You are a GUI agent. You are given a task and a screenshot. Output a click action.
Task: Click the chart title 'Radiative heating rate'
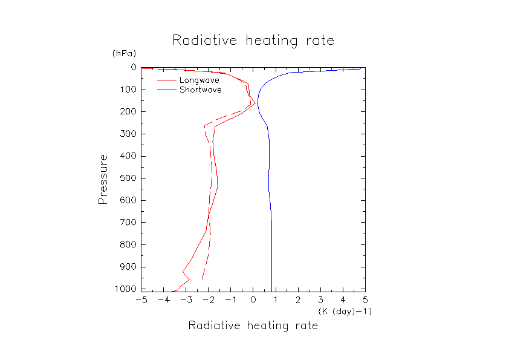253,41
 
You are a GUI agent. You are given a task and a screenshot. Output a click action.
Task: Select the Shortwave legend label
201,90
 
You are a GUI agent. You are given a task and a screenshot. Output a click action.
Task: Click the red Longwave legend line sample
166,80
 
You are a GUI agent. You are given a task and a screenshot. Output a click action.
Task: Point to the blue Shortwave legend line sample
166,90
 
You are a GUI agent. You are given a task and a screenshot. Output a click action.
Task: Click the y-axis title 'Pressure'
103,178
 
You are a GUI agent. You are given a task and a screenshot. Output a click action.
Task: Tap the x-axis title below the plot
253,326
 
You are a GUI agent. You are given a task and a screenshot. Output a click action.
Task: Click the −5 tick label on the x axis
141,299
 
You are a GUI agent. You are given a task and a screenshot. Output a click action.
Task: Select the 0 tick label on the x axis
253,299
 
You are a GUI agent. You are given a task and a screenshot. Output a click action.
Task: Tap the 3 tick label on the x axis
320,299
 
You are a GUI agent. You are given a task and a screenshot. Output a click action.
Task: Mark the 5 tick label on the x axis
365,299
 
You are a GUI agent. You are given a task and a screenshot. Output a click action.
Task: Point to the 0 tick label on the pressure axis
132,68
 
